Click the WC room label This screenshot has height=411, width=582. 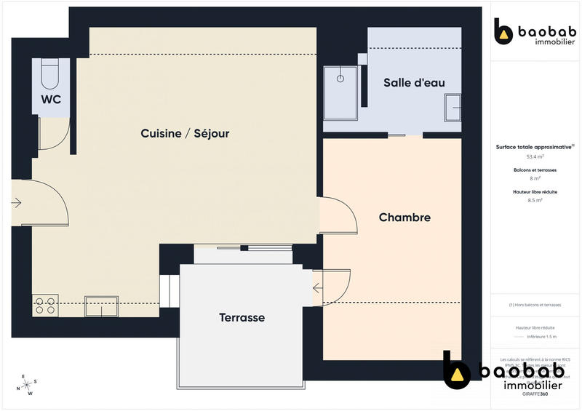click(x=50, y=99)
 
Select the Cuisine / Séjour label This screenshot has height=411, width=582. click(x=185, y=133)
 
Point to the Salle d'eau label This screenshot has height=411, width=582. click(x=414, y=82)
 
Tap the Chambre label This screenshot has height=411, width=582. click(x=404, y=218)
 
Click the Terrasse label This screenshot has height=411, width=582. click(x=242, y=318)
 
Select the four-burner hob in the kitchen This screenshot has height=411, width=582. click(x=45, y=306)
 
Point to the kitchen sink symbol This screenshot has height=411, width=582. click(x=101, y=306)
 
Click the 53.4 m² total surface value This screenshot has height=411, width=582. click(x=535, y=156)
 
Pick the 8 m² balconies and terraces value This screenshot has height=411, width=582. click(x=535, y=177)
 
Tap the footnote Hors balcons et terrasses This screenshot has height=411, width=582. click(x=535, y=305)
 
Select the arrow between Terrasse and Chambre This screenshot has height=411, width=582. click(x=318, y=289)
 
